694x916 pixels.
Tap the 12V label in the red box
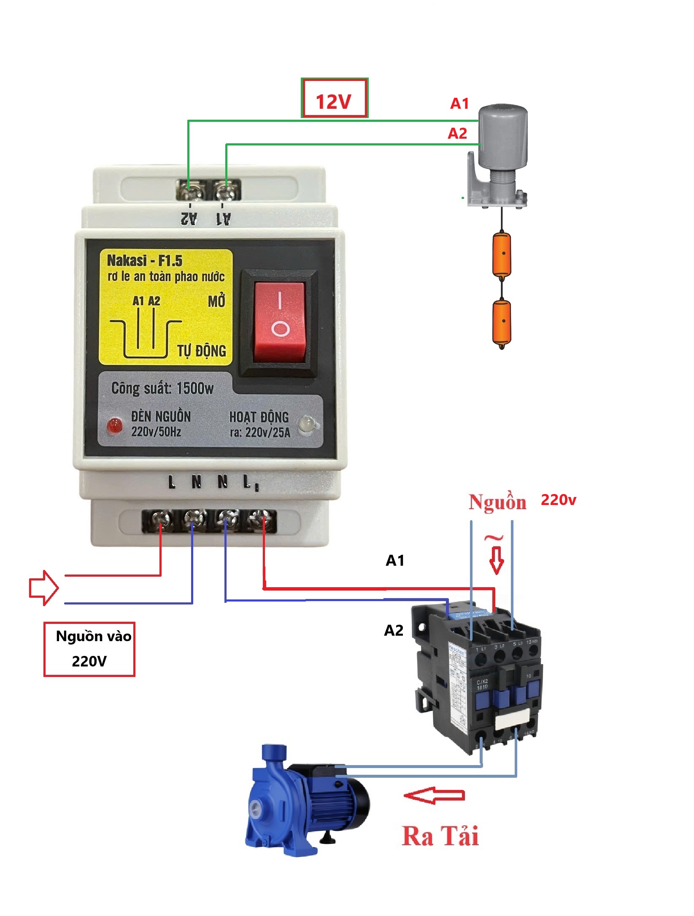click(334, 102)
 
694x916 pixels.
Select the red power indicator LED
click(114, 426)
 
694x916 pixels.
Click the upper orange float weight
click(502, 254)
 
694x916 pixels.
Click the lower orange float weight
click(502, 322)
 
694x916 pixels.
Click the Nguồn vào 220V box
click(89, 649)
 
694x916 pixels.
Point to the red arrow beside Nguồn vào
click(43, 588)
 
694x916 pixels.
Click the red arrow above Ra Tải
click(435, 795)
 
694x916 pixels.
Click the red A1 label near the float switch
click(459, 103)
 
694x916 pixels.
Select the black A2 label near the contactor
click(394, 630)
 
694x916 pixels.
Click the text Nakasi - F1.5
click(145, 261)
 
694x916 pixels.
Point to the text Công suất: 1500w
click(162, 388)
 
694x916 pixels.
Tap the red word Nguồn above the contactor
click(497, 502)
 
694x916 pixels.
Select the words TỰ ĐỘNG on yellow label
click(202, 350)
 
